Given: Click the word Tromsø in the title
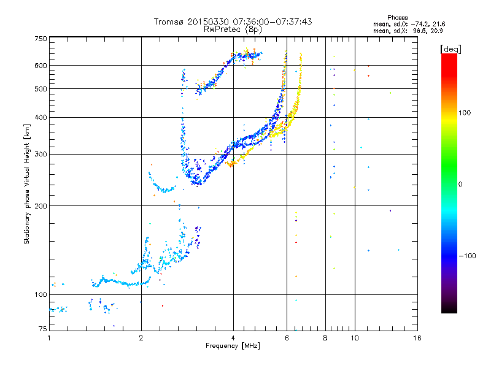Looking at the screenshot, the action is [169, 21].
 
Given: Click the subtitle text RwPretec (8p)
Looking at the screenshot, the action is [233, 29].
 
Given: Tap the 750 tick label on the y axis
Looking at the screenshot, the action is [41, 39].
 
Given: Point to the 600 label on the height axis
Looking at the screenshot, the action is [41, 66].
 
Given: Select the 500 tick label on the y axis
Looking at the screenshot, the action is [41, 89].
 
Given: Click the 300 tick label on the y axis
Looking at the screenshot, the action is [41, 154].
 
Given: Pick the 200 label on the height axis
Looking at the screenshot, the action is [41, 206].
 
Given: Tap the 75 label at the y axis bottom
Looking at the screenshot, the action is [43, 329].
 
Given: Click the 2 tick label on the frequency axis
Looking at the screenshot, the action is [141, 338].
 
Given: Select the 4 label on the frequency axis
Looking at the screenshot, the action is [233, 338].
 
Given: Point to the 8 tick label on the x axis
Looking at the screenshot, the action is [325, 338].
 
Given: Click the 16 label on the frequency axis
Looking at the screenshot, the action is [417, 338].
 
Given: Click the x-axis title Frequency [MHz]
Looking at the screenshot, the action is [233, 346].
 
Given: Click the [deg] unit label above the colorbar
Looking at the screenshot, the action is [450, 49].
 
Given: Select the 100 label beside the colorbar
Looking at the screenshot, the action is [465, 113].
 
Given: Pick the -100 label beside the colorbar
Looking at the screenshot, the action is [467, 256].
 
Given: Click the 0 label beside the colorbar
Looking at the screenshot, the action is [460, 185].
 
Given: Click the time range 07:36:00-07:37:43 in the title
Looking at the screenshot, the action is [273, 21].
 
